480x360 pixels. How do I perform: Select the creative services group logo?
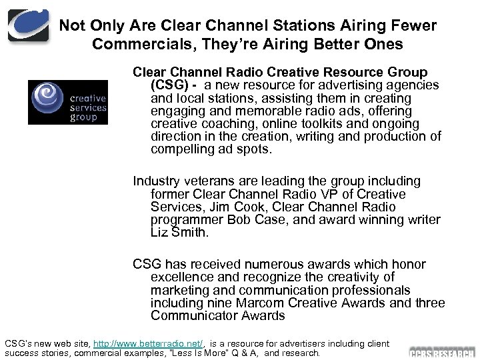(x=67, y=102)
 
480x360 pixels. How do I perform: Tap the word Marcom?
(x=272, y=303)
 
